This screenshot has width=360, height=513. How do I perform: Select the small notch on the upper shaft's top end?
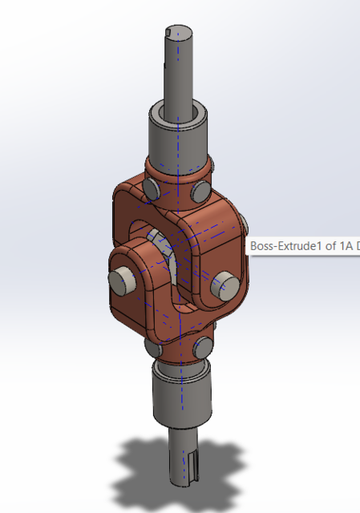(x=168, y=33)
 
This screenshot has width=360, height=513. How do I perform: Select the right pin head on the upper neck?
(x=200, y=192)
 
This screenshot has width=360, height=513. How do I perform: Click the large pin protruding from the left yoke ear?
(x=123, y=280)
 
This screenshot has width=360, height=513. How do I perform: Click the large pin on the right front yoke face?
(x=224, y=284)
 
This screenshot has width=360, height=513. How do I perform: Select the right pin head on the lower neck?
(x=201, y=348)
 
